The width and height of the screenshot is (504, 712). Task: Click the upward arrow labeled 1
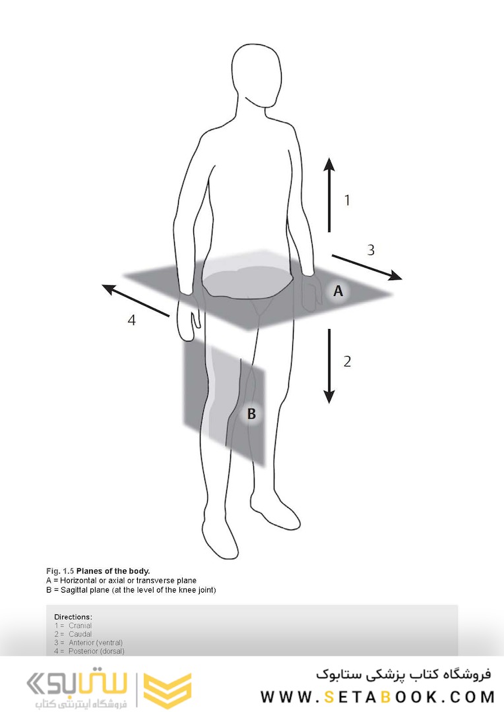[329, 194]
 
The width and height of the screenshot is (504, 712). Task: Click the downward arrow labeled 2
[329, 367]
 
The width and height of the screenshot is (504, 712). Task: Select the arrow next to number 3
[367, 268]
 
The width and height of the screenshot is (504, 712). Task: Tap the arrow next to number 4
[135, 300]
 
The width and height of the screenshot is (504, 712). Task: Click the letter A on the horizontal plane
[338, 291]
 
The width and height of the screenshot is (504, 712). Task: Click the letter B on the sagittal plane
[251, 413]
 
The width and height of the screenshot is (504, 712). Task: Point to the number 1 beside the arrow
[347, 200]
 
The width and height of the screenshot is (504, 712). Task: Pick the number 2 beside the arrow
[347, 361]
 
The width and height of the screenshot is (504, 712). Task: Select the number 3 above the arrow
[371, 250]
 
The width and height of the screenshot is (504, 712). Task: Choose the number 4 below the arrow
[131, 320]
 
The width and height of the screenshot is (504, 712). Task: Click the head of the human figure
[257, 75]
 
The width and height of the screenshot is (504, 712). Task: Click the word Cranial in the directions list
[80, 626]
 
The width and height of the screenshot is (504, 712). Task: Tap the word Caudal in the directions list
[80, 634]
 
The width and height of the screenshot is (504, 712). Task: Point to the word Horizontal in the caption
[78, 580]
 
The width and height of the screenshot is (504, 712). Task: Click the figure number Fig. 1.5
[60, 571]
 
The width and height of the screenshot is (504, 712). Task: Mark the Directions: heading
[73, 617]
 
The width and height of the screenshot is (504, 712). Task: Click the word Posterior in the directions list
[82, 651]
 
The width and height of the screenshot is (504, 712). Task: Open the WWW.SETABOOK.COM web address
[377, 697]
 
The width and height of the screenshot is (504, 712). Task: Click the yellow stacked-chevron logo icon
[168, 690]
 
